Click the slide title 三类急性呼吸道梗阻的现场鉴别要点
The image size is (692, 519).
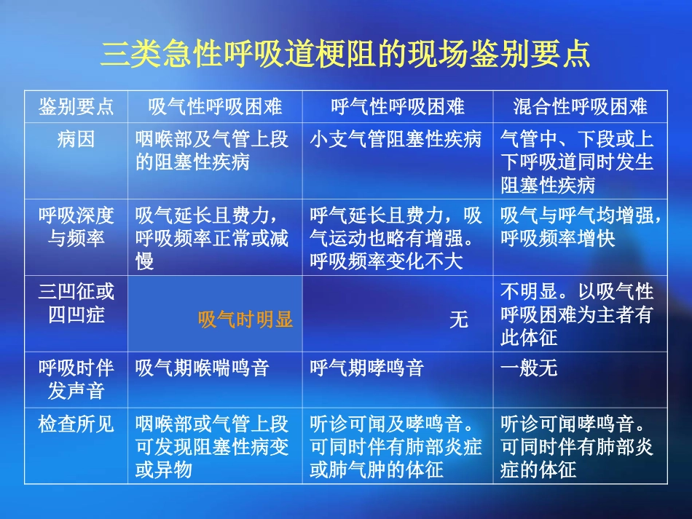point(345,55)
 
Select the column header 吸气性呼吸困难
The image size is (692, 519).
point(215,108)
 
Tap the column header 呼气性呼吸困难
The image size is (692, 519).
point(398,108)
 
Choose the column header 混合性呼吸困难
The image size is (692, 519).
point(580,108)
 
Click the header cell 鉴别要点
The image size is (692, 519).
point(76,108)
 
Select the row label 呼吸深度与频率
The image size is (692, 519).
point(76,226)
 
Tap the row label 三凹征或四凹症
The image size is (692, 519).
point(76,303)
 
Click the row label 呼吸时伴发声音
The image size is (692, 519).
point(76,379)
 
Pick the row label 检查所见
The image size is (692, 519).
point(76,424)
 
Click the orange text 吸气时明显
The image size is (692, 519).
point(245,320)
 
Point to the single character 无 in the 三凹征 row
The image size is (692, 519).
point(458,320)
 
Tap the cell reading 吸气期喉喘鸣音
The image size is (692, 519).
point(203,368)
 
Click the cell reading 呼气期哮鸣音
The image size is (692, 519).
point(367,368)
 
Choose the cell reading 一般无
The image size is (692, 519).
point(529,368)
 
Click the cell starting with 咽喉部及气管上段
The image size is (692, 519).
point(212,151)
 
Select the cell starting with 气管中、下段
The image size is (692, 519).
point(577,162)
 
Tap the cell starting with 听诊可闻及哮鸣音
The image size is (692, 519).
point(396,446)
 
